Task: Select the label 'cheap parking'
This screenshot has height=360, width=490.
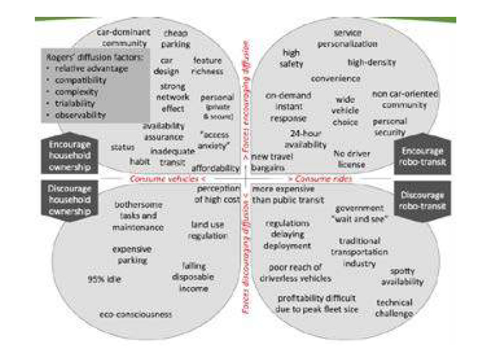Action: [x=175, y=38]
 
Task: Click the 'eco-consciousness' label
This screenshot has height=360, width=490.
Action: [x=135, y=314]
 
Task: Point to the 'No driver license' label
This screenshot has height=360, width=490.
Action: [x=350, y=160]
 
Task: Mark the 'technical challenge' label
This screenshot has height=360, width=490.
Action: [x=394, y=308]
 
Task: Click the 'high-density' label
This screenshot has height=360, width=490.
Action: [x=372, y=62]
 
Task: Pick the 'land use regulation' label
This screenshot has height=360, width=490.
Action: [x=207, y=230]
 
